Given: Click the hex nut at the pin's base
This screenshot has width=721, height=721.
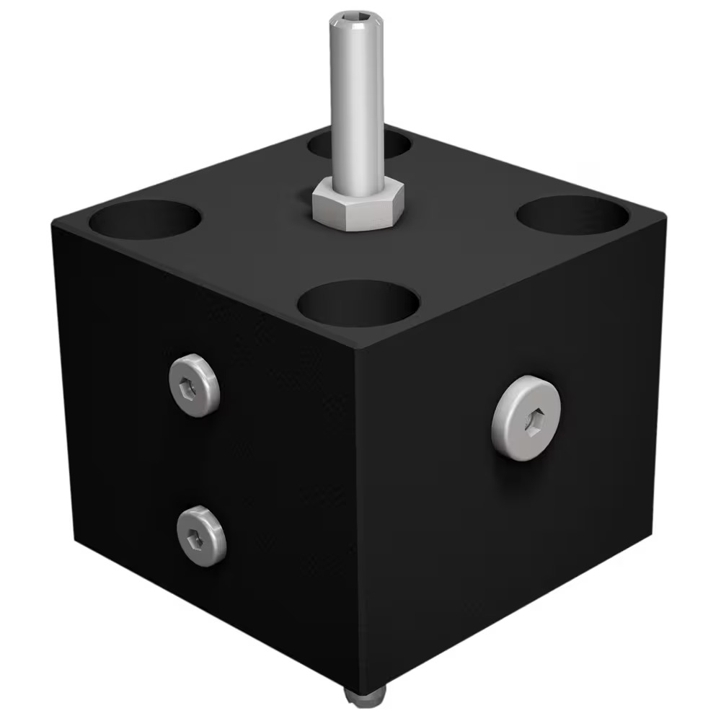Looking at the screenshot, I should (x=358, y=205).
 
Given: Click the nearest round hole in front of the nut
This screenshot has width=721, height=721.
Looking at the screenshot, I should (x=358, y=303).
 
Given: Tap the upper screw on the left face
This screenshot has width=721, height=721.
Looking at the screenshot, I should (x=195, y=385).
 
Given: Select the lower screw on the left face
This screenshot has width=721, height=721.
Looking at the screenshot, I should (x=201, y=535).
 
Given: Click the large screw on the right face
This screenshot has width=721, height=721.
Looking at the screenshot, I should (x=526, y=418).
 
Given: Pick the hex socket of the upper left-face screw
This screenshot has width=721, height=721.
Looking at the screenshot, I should (x=189, y=386).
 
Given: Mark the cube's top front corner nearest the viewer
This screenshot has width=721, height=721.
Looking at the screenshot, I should (x=355, y=351).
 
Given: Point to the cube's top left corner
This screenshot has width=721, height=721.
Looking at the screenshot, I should (x=52, y=225).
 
